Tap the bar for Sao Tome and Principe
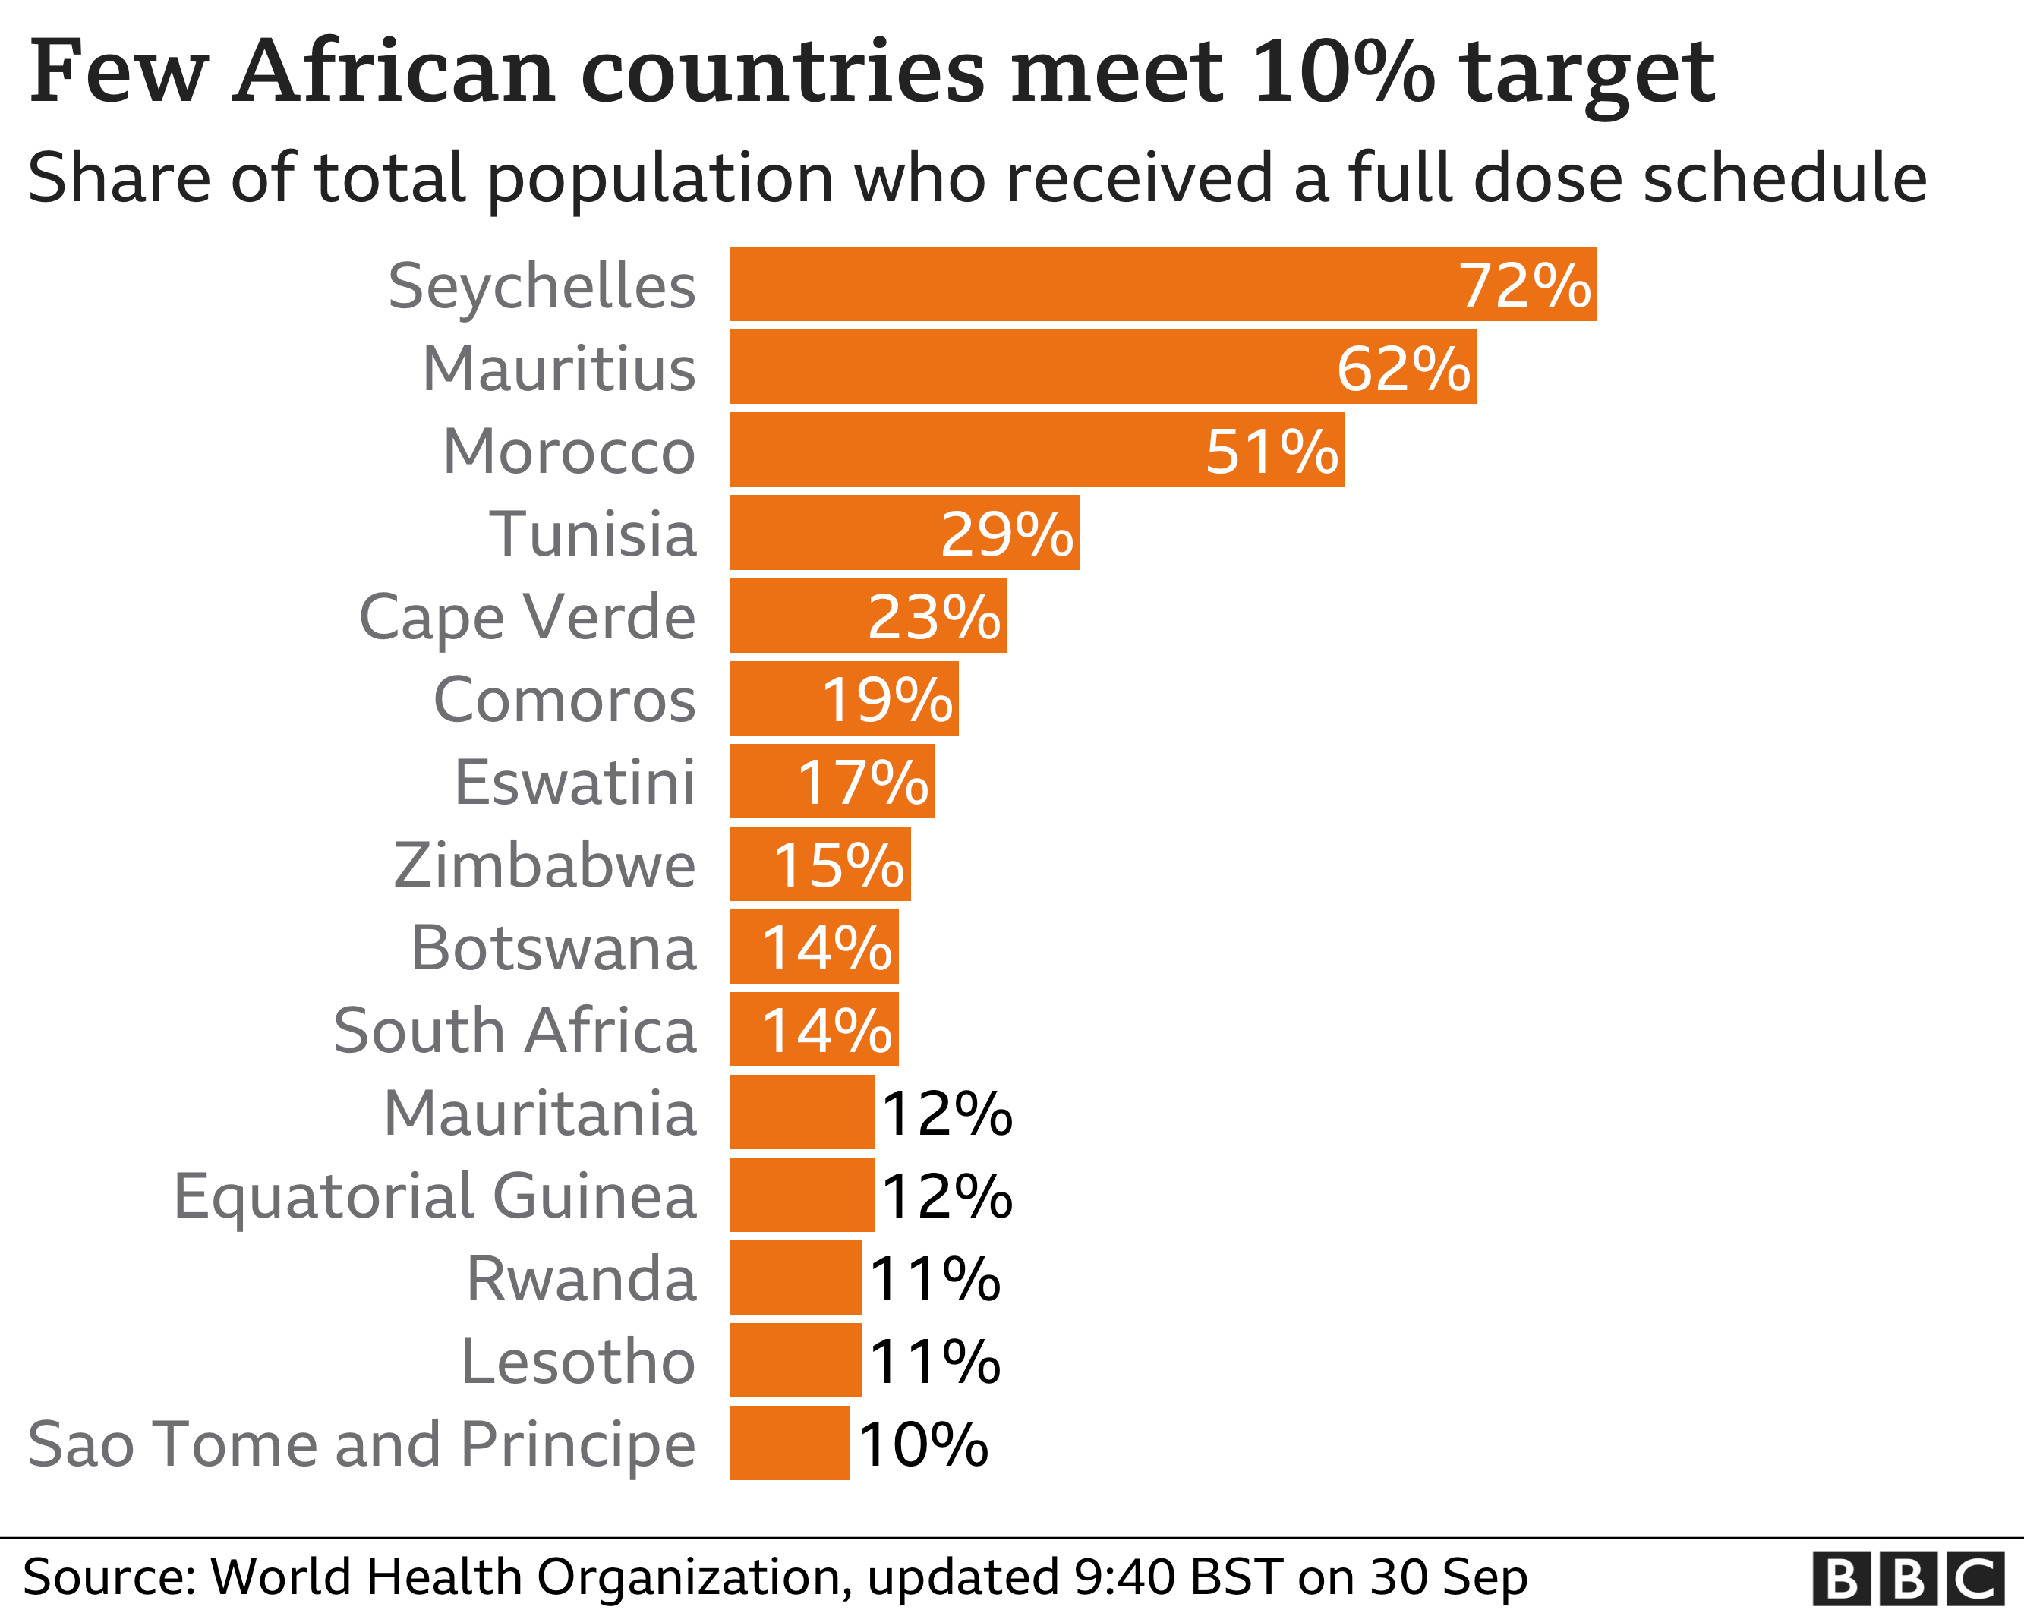pos(790,1442)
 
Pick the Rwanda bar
pos(795,1277)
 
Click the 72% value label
pos(1524,285)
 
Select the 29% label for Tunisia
pos(1007,534)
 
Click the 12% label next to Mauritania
pos(946,1114)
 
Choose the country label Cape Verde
pos(528,618)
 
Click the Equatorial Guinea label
pos(436,1196)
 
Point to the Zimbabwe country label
pos(544,865)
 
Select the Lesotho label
pos(579,1362)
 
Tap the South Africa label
pos(515,1031)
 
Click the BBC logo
pos(1909,1579)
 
